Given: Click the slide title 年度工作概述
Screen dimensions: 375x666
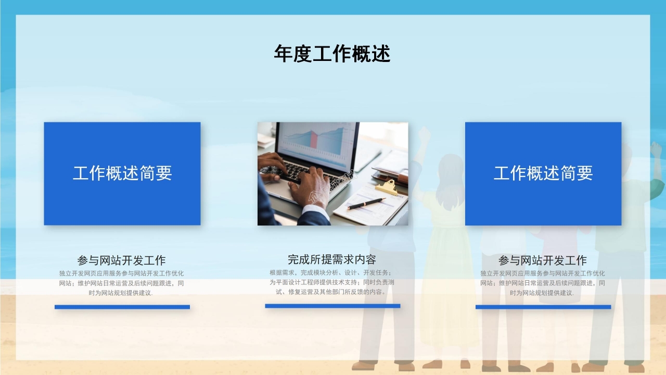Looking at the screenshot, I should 332,54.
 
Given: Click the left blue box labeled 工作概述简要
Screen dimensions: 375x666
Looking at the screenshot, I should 122,173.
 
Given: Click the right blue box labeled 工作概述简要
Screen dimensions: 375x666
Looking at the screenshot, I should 543,173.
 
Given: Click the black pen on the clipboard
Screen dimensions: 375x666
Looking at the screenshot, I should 366,203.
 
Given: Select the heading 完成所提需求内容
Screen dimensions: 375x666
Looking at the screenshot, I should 332,259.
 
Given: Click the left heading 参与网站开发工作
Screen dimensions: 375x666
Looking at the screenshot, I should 121,260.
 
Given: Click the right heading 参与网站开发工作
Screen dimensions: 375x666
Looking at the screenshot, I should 542,260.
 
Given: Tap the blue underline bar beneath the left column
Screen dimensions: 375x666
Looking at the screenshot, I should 122,307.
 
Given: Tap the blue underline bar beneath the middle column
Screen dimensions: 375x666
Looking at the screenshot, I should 332,306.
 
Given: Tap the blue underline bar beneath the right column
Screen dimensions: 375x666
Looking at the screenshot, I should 543,307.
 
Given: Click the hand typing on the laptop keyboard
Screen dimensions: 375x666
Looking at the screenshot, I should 310,187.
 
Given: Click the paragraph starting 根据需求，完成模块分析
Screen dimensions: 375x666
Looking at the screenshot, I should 332,282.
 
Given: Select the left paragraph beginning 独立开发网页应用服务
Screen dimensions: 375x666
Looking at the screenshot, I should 121,283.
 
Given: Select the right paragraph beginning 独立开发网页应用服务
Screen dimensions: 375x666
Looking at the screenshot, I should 542,283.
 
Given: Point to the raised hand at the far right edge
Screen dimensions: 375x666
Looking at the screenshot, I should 656,151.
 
